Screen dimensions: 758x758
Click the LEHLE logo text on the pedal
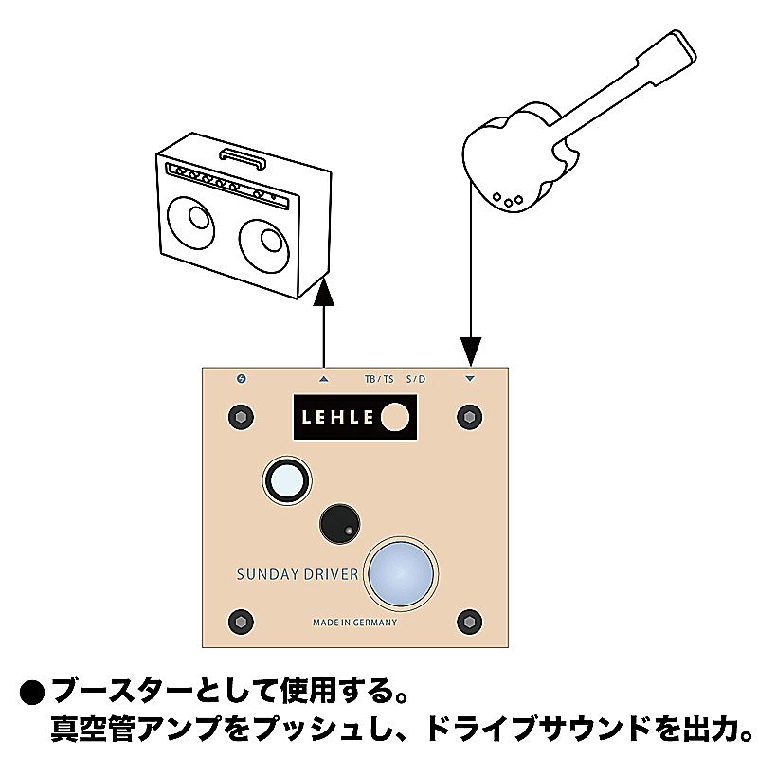[x=337, y=417]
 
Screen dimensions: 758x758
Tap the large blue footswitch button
[x=401, y=573]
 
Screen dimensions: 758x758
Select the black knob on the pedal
[x=340, y=524]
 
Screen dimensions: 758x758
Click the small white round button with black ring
[x=287, y=481]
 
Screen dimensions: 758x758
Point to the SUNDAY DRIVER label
[x=298, y=574]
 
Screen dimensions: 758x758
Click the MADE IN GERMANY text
[x=354, y=623]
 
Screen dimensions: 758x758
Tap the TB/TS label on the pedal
[x=379, y=380]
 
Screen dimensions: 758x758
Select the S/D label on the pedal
[x=416, y=380]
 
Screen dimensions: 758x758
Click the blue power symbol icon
[x=242, y=378]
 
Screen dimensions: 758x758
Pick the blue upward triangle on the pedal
[x=324, y=380]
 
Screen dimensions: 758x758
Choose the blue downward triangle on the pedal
[x=470, y=379]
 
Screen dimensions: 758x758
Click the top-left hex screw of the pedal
[x=241, y=417]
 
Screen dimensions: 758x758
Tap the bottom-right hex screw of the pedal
[x=469, y=622]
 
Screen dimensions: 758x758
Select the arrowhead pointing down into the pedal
[x=470, y=352]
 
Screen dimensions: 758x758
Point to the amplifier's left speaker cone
[x=191, y=223]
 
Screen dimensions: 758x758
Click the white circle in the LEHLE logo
[x=395, y=417]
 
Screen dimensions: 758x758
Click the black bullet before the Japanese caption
[x=32, y=694]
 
